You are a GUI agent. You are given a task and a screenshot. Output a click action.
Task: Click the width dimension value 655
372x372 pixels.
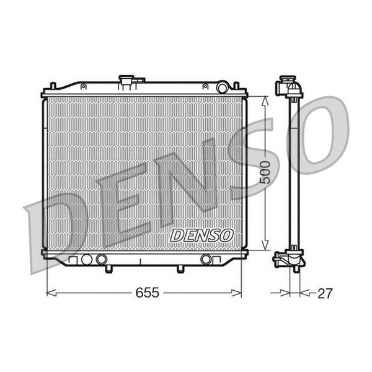pos(147,293)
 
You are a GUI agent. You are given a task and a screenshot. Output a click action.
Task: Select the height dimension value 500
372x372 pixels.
pos(265,172)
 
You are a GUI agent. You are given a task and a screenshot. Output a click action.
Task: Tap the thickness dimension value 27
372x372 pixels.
pos(325,293)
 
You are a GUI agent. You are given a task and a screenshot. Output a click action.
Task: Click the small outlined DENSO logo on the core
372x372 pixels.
pos(201,236)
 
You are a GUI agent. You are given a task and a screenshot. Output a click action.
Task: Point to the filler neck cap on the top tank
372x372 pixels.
pos(126,80)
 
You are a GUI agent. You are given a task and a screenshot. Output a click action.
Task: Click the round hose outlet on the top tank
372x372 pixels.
pos(223,88)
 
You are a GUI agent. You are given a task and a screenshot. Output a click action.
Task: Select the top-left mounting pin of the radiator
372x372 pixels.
pos(53,86)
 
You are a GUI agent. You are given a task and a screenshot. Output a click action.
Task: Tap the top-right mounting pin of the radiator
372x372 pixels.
pos(236,86)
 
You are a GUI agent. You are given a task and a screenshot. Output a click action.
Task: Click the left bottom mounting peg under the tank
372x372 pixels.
pos(108,269)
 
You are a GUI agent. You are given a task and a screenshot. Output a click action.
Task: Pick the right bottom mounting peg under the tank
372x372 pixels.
pos(180,269)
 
